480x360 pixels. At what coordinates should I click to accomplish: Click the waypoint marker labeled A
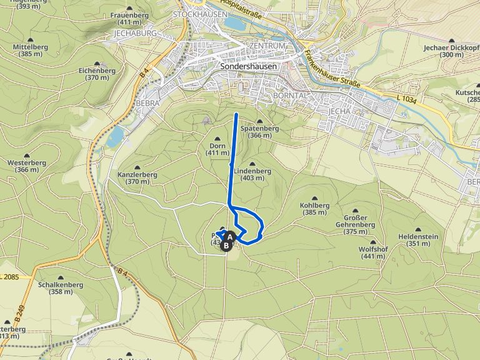coord(230,237)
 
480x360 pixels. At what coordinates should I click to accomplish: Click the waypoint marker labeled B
coord(226,246)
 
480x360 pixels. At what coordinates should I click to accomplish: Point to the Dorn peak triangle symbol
coord(217,139)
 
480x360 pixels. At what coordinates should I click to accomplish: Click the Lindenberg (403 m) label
coord(252,174)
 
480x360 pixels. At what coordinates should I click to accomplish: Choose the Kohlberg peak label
coord(315,208)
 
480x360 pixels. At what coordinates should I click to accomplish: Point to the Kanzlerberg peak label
coord(136,178)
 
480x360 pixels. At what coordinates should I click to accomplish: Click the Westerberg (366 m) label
coord(27,166)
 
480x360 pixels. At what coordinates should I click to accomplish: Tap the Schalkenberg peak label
coord(61,287)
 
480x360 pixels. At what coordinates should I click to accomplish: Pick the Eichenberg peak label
coord(97,74)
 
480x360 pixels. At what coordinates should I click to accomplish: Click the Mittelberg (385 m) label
coord(31,50)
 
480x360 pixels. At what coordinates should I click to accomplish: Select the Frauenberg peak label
coord(127,18)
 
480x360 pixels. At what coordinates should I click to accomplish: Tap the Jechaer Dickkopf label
coord(451,51)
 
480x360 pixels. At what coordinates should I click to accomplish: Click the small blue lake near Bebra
coord(114,137)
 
